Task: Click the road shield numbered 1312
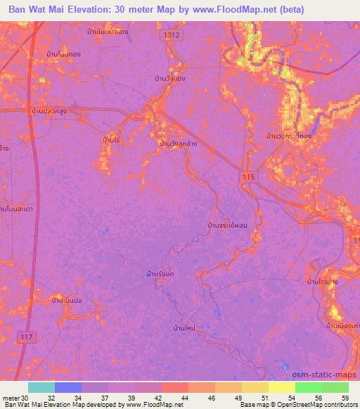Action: [x=170, y=34]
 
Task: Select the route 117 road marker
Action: [x=27, y=338]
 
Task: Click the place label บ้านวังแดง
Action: [x=169, y=79]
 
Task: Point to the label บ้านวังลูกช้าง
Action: [x=179, y=143]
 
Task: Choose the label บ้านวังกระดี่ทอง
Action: [x=289, y=135]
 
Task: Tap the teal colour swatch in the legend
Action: [x=41, y=387]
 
